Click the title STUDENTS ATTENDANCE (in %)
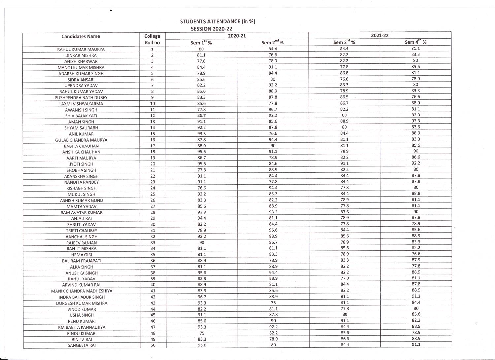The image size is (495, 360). (x=217, y=22)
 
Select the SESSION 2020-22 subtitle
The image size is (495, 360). (x=212, y=29)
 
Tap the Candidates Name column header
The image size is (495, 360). (x=81, y=36)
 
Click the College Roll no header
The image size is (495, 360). (x=152, y=39)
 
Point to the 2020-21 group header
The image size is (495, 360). (x=237, y=36)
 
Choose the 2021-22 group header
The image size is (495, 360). (x=380, y=35)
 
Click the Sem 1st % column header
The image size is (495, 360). (x=201, y=42)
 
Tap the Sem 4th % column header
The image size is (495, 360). (x=415, y=42)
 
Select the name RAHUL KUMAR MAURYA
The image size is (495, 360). (x=81, y=49)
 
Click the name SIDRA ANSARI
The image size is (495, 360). (x=81, y=80)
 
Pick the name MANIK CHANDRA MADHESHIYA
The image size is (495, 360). (x=82, y=291)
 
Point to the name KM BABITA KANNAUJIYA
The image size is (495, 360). (x=82, y=327)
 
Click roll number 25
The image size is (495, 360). (x=153, y=194)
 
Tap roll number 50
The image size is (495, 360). (x=153, y=345)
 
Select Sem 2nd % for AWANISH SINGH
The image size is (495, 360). (x=273, y=109)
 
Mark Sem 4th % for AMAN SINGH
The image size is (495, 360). (x=416, y=121)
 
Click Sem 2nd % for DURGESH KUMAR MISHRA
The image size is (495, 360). (x=273, y=303)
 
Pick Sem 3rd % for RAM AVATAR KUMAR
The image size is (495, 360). (x=345, y=212)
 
